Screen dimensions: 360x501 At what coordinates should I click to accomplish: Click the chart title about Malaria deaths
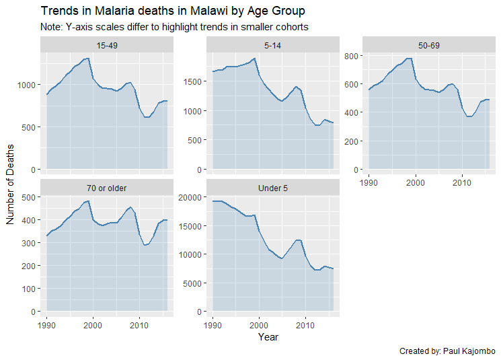click(x=173, y=11)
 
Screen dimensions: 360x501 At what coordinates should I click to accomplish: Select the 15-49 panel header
click(x=107, y=45)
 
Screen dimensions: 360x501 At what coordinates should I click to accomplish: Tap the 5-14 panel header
click(x=272, y=45)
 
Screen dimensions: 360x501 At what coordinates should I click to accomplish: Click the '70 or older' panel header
click(x=107, y=187)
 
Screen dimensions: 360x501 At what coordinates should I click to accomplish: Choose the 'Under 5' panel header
click(x=272, y=187)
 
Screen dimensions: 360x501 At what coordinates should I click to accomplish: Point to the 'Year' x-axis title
click(x=268, y=337)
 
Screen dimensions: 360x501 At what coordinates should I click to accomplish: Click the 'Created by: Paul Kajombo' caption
click(x=447, y=351)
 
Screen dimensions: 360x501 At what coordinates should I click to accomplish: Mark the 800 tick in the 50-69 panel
click(x=350, y=57)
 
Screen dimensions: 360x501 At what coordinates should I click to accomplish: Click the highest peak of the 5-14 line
click(x=254, y=58)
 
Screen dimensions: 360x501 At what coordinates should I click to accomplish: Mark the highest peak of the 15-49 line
click(x=87, y=59)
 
